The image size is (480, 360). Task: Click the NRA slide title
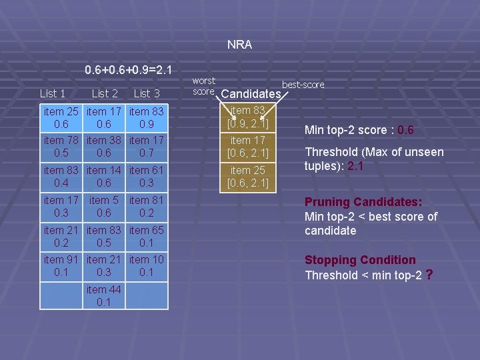point(239,45)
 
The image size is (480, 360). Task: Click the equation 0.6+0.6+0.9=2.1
point(129,69)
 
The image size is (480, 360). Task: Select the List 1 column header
point(53,94)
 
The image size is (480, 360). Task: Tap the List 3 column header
point(147,94)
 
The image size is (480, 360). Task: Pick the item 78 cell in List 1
point(62,147)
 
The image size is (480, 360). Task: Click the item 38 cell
point(104,147)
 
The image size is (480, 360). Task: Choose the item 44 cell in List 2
point(104,295)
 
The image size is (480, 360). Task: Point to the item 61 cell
point(147,177)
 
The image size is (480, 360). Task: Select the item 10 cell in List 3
point(147,266)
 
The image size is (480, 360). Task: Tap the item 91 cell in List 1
point(62,266)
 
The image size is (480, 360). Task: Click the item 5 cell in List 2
point(104,206)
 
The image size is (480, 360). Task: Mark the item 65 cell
point(147,236)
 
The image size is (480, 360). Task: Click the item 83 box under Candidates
point(248,117)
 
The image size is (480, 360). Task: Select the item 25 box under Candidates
point(248,177)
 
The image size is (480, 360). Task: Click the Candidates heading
point(251,94)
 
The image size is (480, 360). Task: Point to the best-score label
point(303,85)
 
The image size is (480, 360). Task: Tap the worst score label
point(203,86)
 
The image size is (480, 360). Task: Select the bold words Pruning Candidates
point(360,202)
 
